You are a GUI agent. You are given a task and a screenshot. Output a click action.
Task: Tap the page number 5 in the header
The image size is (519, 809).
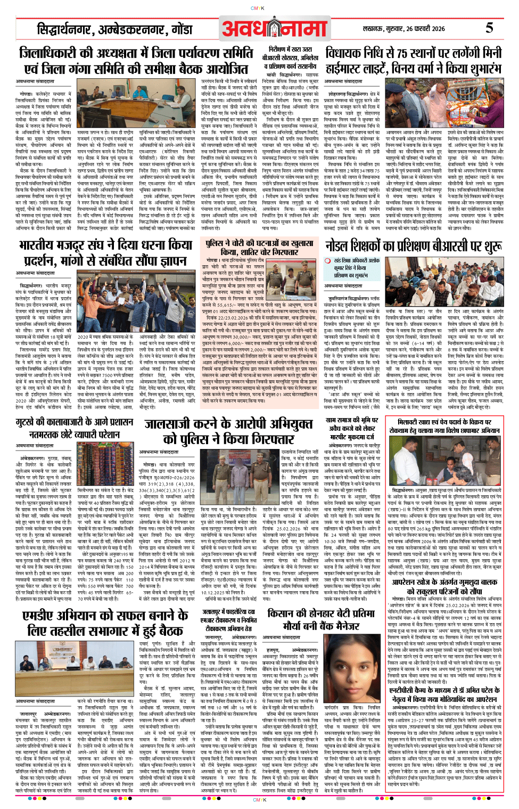(489, 28)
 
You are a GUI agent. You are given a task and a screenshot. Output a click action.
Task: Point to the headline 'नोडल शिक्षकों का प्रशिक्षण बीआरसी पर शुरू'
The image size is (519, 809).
(413, 246)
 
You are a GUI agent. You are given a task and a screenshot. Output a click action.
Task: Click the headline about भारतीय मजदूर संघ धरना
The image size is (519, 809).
(105, 252)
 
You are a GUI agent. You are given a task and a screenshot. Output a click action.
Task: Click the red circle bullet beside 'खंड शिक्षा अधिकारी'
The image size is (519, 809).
(328, 261)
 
